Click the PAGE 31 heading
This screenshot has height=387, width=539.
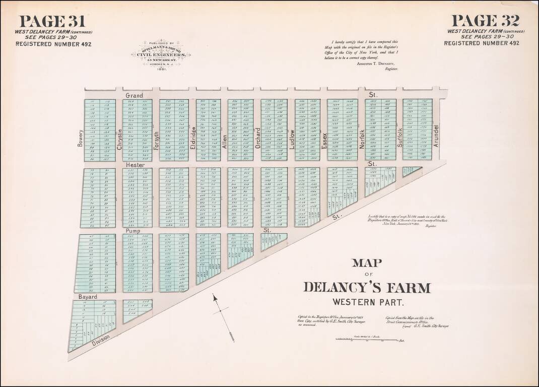point(52,21)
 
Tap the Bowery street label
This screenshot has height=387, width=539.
point(80,138)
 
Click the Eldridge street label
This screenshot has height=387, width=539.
point(193,137)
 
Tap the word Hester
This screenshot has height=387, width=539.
point(136,165)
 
